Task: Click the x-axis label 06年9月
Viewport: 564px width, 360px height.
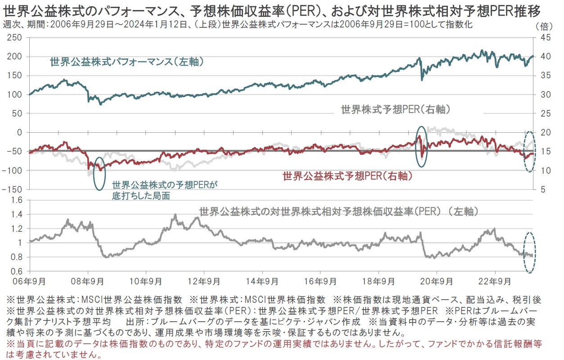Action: pos(29,282)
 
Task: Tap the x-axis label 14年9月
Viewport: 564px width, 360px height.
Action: pos(262,282)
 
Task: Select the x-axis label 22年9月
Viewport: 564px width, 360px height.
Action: pos(495,282)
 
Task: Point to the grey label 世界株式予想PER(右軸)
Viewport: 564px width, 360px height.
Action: pos(396,109)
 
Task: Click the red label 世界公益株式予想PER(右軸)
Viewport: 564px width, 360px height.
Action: pos(347,176)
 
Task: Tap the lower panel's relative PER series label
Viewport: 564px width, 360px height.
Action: pos(338,211)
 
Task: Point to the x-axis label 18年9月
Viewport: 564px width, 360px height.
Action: pos(378,282)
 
